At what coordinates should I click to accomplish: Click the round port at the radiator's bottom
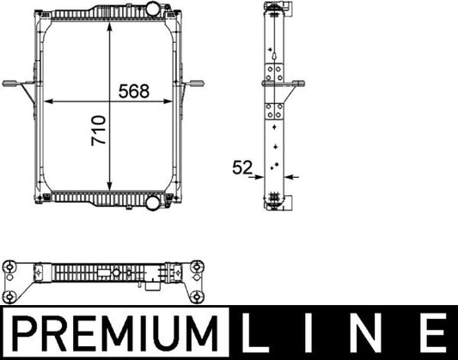click(153, 204)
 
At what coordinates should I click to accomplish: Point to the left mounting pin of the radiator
click(12, 83)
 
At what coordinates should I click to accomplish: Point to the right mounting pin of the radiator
click(201, 83)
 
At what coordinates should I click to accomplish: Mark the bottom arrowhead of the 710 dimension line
click(110, 187)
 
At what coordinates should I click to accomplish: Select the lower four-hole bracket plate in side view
click(275, 112)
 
